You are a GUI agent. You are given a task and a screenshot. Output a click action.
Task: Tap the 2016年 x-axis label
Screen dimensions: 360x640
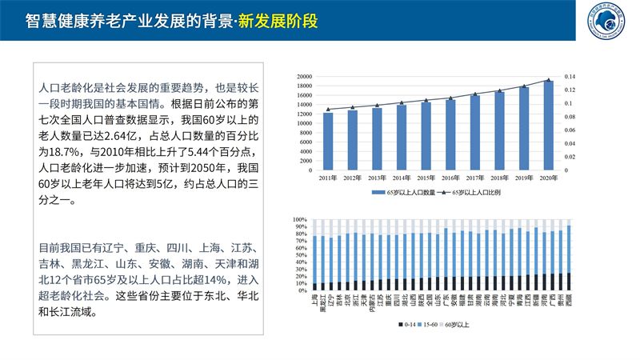point(450,178)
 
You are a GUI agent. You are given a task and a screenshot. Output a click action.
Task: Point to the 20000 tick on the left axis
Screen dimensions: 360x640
point(304,77)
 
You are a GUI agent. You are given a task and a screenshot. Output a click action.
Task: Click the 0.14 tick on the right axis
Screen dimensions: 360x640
point(570,77)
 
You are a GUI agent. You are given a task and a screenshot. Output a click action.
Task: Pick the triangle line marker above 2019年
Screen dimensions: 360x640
point(524,86)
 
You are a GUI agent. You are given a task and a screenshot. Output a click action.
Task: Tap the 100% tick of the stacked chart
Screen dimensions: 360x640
point(299,219)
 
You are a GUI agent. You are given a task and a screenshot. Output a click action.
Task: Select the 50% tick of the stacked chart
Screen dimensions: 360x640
point(301,254)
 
